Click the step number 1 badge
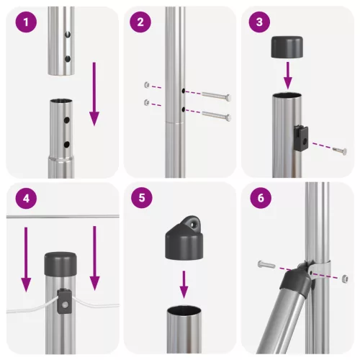[26, 22]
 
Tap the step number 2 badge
[140, 22]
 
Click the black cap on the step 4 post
[60, 263]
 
